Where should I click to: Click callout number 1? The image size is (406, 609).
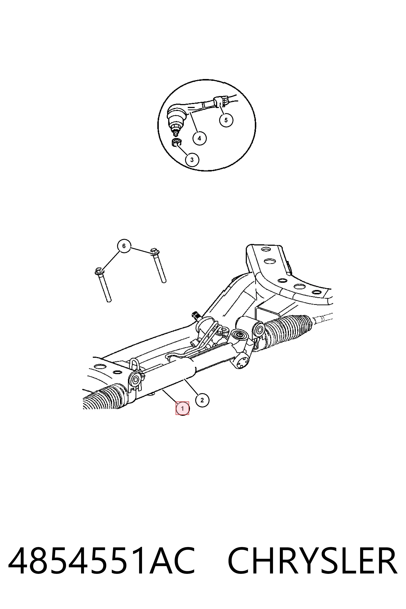click(x=183, y=409)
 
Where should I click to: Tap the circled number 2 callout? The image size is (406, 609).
click(x=202, y=400)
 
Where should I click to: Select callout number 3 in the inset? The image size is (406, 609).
click(x=192, y=160)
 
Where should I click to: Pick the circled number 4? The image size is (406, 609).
click(x=199, y=138)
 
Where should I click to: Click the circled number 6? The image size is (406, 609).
click(x=124, y=246)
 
